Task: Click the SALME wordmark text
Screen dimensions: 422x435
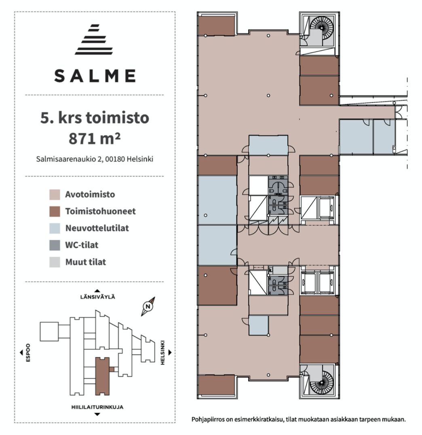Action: click(x=95, y=76)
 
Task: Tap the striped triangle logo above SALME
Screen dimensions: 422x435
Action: click(x=95, y=40)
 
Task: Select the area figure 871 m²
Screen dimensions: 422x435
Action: click(x=95, y=138)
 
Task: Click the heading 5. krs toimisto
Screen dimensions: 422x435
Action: click(x=95, y=118)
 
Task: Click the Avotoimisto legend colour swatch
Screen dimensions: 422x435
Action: click(x=55, y=194)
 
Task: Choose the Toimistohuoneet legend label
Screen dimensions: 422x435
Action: click(x=101, y=211)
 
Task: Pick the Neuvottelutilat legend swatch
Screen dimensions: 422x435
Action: click(x=55, y=228)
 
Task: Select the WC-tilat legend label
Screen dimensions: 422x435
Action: click(x=82, y=245)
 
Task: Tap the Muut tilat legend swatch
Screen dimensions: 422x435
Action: click(x=55, y=262)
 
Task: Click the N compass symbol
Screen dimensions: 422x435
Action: click(x=148, y=307)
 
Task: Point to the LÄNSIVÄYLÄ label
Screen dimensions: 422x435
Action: click(x=97, y=297)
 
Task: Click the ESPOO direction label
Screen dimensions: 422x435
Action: click(x=28, y=353)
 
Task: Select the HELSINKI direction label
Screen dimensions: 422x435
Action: click(x=162, y=353)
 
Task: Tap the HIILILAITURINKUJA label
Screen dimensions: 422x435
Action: click(x=97, y=407)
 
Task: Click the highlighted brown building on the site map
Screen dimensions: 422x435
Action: click(x=102, y=376)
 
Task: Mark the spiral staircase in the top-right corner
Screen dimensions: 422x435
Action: click(x=321, y=27)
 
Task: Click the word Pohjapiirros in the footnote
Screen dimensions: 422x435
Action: click(x=208, y=419)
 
